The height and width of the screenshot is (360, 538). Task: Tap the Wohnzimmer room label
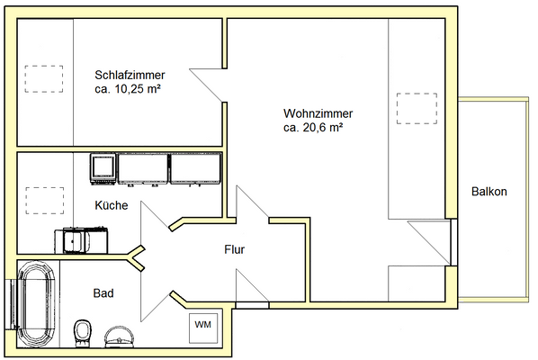318,113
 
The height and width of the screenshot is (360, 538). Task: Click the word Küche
112,205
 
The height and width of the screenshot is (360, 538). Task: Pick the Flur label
234,250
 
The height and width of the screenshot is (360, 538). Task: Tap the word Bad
103,292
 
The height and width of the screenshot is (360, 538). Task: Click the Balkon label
489,192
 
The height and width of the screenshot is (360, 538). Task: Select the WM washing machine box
202,324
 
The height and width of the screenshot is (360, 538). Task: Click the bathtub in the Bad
37,306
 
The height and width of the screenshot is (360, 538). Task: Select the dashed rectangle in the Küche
41,198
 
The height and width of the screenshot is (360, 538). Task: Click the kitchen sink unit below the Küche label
83,240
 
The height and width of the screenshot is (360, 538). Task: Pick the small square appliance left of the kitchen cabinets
103,166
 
